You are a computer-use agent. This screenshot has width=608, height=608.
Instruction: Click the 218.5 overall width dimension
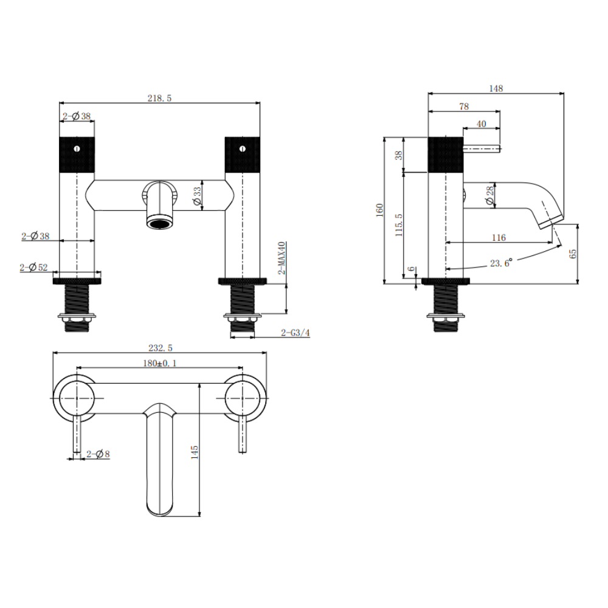pos(160,97)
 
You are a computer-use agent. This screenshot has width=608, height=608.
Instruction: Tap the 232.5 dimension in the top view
pos(161,348)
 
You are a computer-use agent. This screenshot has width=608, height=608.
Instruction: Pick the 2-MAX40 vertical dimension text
pos(282,258)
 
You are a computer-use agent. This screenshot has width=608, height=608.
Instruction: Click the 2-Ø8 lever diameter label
pos(98,454)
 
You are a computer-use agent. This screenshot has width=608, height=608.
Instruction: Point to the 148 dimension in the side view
pos(496,89)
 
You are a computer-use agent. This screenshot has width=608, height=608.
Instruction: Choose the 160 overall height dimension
pos(379,210)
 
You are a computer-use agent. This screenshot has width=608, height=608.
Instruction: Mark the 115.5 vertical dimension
pos(399,225)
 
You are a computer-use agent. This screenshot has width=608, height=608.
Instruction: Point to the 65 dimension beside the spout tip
pos(572,254)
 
